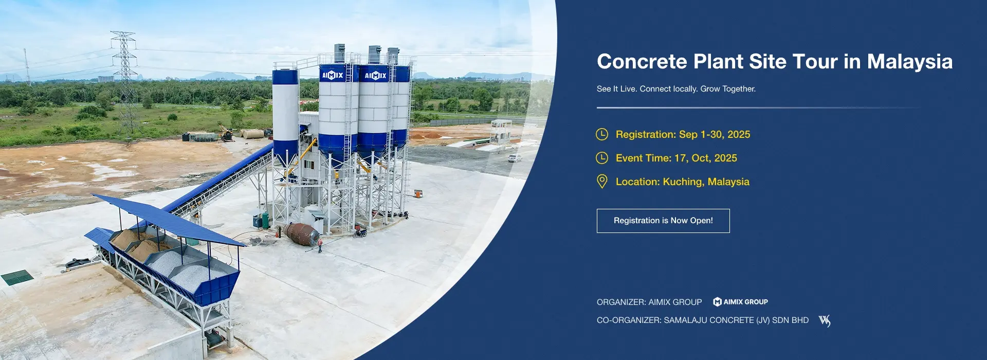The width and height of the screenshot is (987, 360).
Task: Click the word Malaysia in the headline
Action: coord(910,62)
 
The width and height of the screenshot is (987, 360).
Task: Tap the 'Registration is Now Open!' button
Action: coord(663,221)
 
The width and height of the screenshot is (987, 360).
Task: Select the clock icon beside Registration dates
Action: coord(602,134)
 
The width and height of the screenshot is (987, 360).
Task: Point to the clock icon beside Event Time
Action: coord(602,158)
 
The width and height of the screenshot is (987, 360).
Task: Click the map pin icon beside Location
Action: coord(602,182)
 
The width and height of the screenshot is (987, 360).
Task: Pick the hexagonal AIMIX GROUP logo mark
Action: coord(717,302)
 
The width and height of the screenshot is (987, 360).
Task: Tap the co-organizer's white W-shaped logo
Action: coord(825,321)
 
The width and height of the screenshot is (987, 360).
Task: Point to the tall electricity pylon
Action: coord(125,82)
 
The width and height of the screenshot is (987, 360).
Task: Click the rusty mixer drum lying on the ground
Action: coord(302,234)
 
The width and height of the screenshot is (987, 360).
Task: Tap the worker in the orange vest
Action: coord(320,245)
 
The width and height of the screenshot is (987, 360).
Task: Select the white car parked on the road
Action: coord(515,158)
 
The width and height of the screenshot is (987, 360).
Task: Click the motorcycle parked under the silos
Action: coord(360,233)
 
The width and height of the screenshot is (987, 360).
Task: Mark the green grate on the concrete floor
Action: coord(17,277)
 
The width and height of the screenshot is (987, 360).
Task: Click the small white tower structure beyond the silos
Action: coord(500,132)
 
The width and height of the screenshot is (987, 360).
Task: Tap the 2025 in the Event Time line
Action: coord(725,158)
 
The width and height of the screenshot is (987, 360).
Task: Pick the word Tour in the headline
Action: coord(815,62)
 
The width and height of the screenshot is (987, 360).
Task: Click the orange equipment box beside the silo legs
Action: coord(418,193)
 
